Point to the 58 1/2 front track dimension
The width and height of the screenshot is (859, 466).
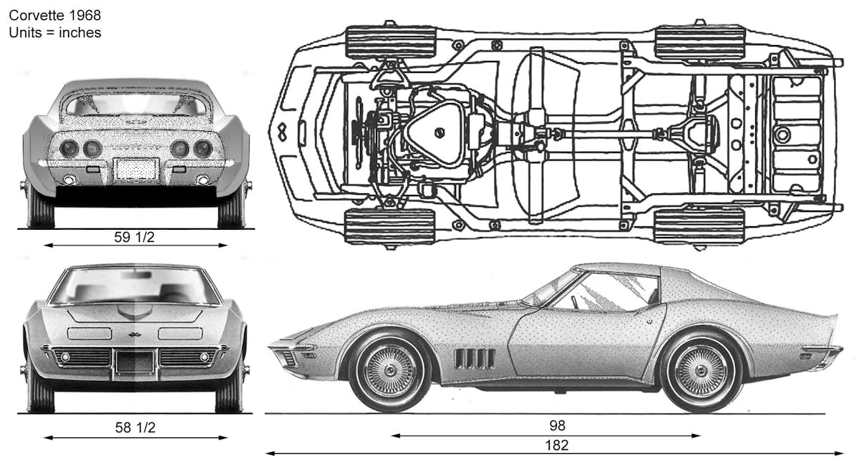135,429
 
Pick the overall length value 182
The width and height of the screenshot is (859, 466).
555,445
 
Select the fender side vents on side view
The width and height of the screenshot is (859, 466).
474,359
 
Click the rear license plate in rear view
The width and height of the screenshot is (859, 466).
136,169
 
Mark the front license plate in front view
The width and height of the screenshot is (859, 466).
134,361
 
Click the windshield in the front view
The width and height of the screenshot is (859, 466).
135,286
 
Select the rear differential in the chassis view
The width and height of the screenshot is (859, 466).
693,133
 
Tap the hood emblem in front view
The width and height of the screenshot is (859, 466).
134,334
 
